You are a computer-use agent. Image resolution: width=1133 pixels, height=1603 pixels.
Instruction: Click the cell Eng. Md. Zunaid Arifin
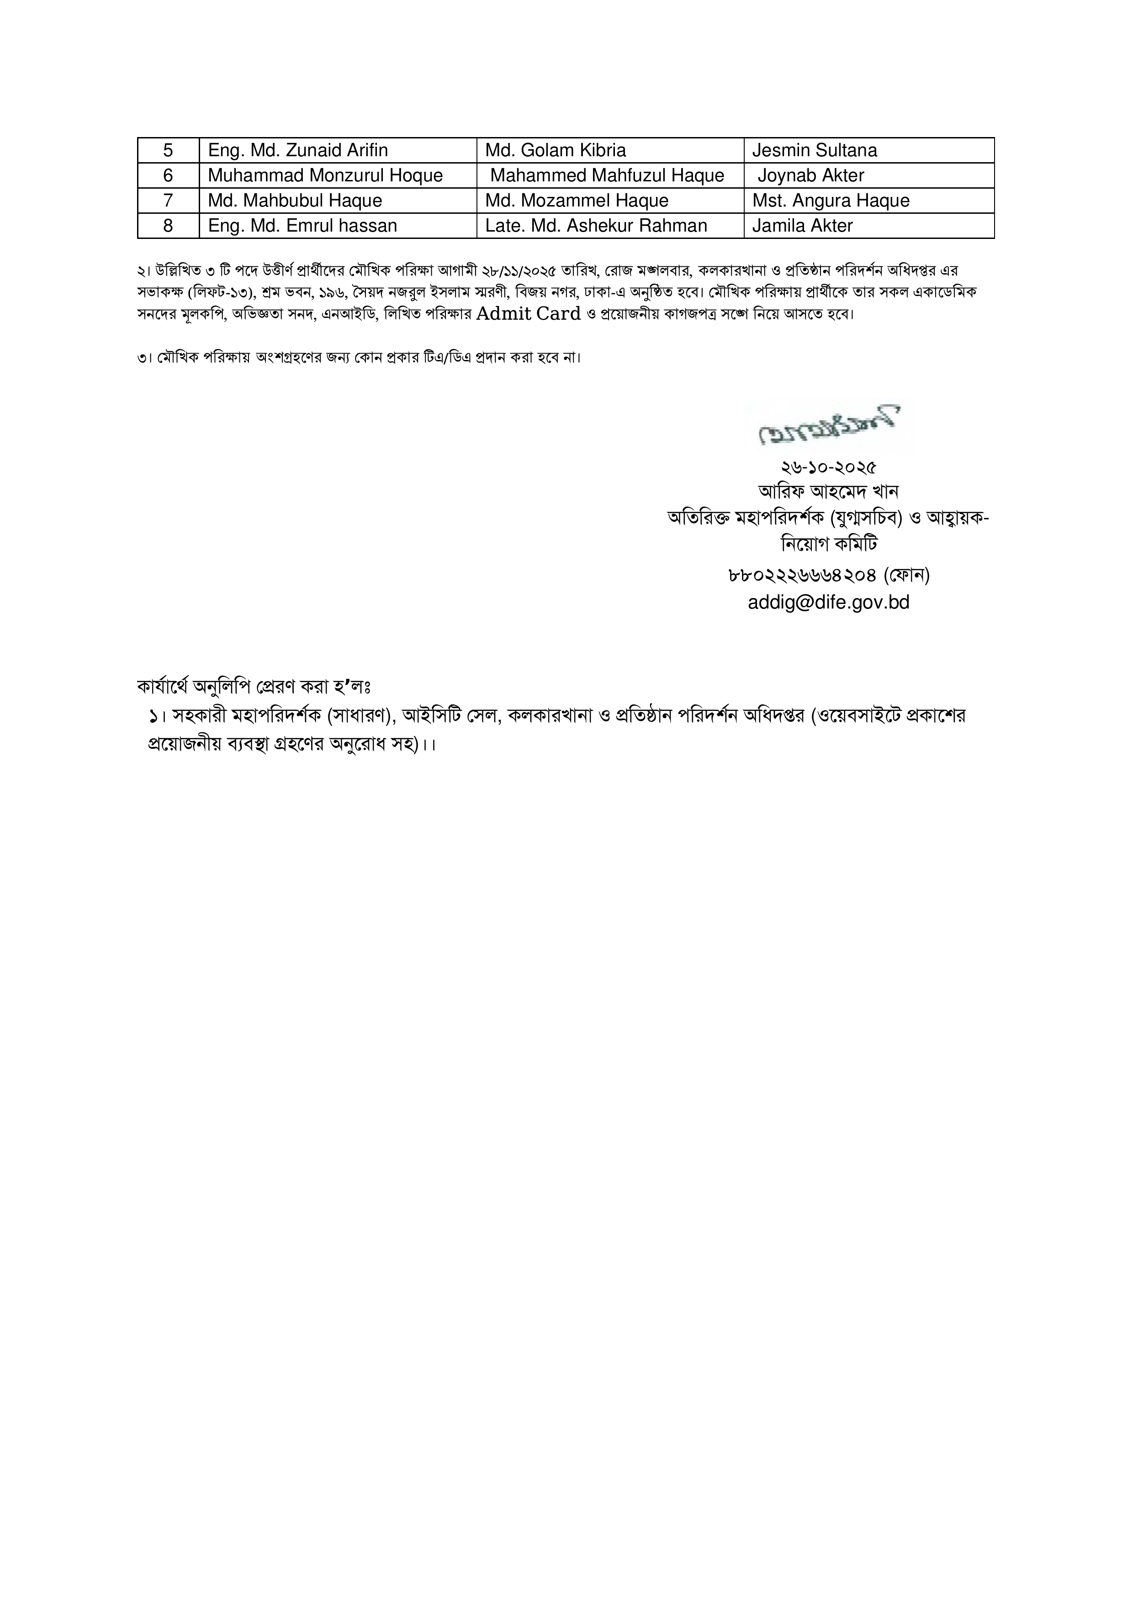(298, 150)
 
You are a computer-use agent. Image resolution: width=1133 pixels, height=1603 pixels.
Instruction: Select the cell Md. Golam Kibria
(556, 150)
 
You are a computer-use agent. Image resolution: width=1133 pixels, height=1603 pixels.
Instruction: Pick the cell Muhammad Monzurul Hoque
(325, 175)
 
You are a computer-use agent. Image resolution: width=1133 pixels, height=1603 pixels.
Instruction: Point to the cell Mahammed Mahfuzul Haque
(607, 175)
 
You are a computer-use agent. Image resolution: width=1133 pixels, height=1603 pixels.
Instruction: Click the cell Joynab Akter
(811, 175)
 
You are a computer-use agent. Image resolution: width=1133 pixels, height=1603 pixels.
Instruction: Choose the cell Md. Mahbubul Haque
(295, 201)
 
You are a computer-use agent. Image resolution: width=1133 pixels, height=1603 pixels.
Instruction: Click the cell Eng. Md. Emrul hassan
(302, 226)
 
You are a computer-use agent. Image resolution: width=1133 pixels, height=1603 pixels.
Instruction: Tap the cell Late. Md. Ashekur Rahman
(596, 226)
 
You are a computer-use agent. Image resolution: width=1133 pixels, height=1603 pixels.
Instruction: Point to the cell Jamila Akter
(803, 226)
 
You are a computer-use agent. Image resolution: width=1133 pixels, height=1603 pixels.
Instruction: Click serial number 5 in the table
(168, 150)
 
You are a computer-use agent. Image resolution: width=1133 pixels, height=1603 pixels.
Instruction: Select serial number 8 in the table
(168, 226)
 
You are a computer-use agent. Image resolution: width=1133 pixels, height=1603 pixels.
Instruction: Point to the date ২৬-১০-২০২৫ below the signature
(829, 466)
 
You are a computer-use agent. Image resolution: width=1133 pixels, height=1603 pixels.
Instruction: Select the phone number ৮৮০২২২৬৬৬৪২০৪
(801, 575)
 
